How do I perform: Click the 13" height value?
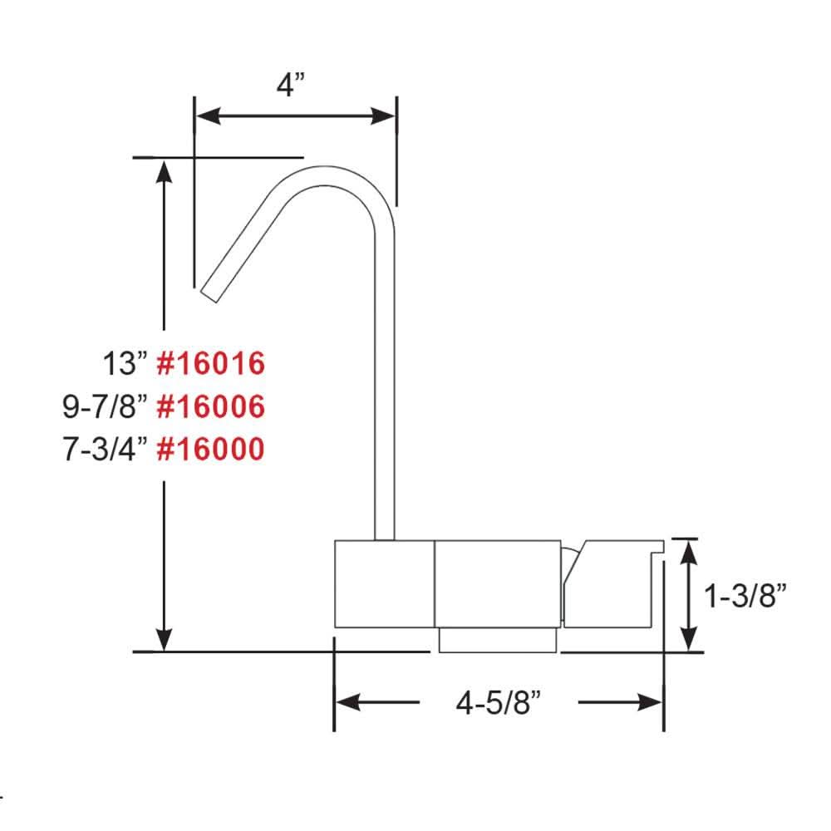click(x=125, y=364)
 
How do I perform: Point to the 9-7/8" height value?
click(x=105, y=406)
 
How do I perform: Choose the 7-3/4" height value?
click(x=105, y=449)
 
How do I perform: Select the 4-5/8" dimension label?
click(x=499, y=703)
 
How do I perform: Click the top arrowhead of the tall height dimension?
click(x=165, y=170)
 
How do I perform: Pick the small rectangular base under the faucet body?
click(x=497, y=640)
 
